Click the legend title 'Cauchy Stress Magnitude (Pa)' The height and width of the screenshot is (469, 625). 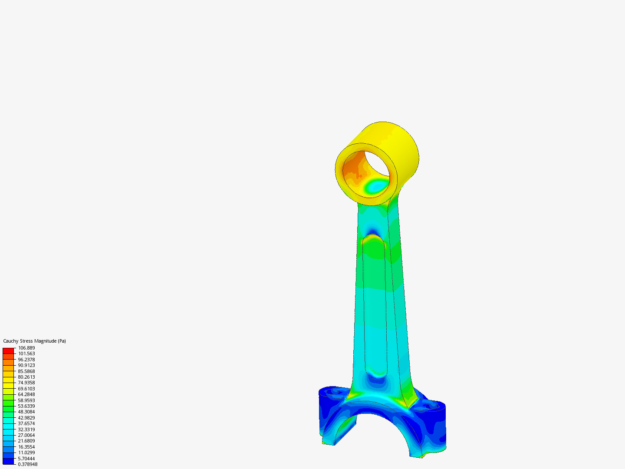click(x=34, y=341)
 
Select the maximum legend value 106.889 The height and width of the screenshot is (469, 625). click(x=26, y=348)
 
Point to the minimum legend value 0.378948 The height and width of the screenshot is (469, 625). click(x=27, y=464)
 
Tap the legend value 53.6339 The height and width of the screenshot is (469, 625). click(x=26, y=406)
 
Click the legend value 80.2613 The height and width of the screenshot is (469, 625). click(x=26, y=377)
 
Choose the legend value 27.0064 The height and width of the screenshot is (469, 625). click(x=26, y=435)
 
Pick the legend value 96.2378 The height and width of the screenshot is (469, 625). click(x=26, y=360)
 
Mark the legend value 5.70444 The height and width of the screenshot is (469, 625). click(x=26, y=459)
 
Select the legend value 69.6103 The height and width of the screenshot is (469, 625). click(x=26, y=389)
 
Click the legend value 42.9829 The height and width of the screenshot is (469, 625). click(x=26, y=418)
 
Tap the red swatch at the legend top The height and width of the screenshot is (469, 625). click(x=8, y=350)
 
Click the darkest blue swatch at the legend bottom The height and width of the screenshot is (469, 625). click(x=8, y=461)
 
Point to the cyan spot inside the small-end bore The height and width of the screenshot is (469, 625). click(x=376, y=186)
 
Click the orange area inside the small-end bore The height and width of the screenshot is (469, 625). click(x=352, y=165)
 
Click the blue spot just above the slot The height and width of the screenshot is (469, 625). click(x=372, y=229)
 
